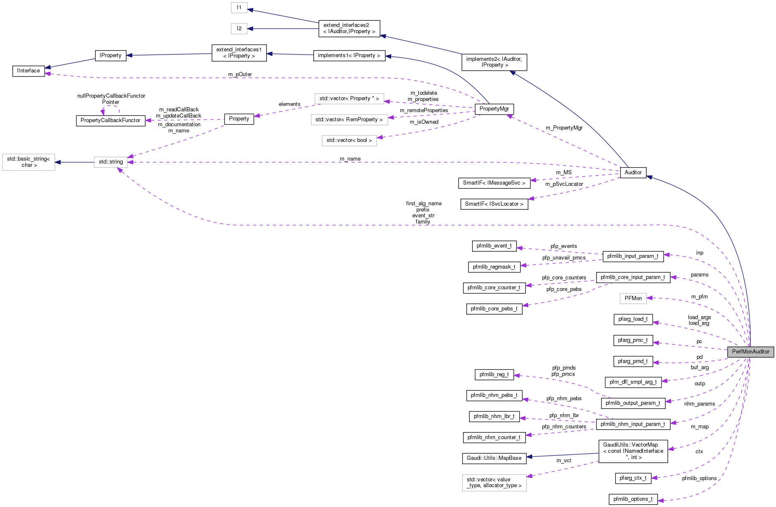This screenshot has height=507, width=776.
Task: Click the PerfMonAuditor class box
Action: tap(750, 352)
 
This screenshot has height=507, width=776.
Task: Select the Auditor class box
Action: tap(633, 173)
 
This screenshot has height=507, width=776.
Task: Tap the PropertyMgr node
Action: tap(494, 109)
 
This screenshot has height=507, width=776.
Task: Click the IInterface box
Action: tap(29, 71)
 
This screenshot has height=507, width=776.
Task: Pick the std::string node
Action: tap(111, 162)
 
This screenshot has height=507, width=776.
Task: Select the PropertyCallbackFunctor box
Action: tap(110, 120)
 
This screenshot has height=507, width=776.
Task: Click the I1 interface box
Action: tap(239, 7)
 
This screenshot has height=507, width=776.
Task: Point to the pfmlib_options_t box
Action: tap(633, 499)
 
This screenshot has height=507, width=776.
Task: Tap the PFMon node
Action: tap(633, 298)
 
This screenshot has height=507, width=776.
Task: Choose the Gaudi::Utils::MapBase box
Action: tap(494, 458)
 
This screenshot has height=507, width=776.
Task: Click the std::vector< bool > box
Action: tap(349, 140)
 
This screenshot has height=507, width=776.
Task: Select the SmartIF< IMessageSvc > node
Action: tap(494, 183)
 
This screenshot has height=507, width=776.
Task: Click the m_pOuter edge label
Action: tap(240, 74)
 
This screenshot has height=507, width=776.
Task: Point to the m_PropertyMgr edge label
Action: tap(564, 128)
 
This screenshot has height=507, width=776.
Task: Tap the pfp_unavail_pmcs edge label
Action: tap(564, 258)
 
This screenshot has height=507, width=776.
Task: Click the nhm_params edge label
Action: tap(699, 404)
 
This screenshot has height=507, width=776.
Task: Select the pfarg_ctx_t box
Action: tap(633, 478)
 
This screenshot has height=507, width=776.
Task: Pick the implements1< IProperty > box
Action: tap(349, 55)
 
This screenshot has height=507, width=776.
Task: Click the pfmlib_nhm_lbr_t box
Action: tap(494, 416)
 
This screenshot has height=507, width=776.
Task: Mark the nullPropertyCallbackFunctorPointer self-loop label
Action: tap(111, 99)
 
